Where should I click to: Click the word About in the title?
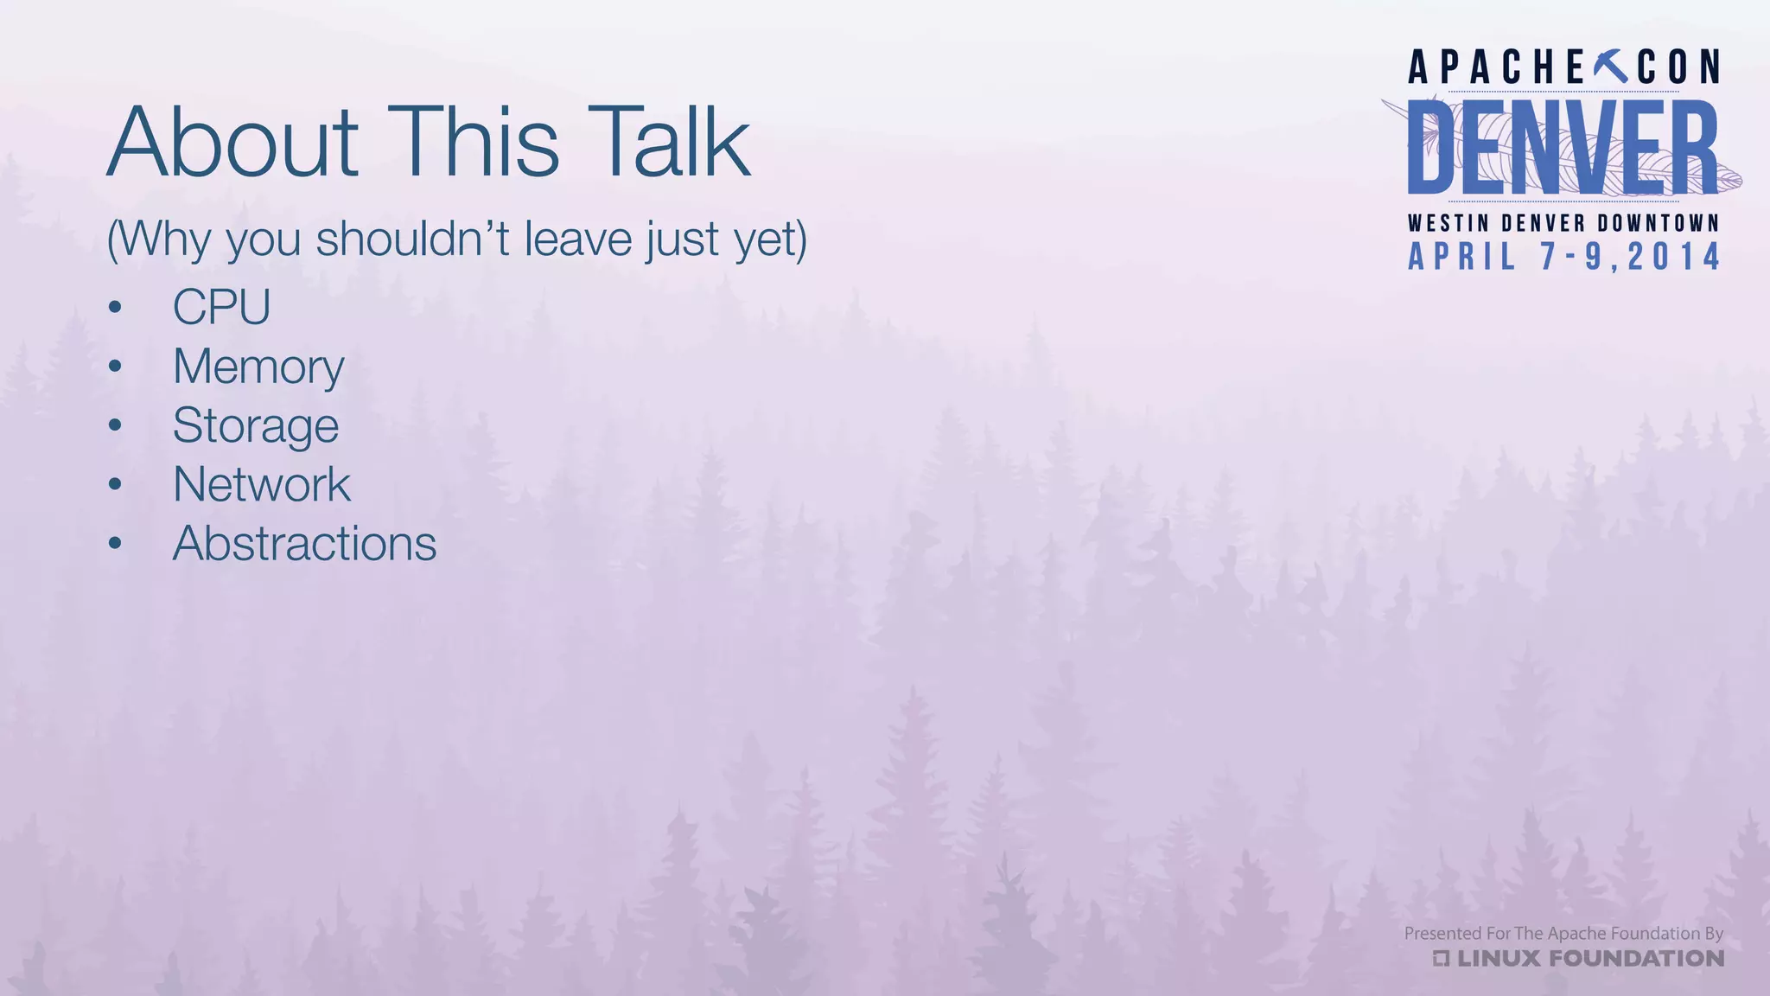[232, 143]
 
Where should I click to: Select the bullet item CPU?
[222, 307]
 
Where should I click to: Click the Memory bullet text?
[258, 367]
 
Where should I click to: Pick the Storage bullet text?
[256, 425]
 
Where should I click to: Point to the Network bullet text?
[262, 484]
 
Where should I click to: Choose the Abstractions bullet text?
[304, 544]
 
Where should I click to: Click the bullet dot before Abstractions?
[115, 544]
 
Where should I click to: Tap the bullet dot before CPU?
[115, 307]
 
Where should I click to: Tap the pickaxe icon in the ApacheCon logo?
[1609, 67]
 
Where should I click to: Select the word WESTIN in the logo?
[1448, 223]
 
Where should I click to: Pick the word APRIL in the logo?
[1462, 257]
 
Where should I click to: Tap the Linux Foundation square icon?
[1441, 958]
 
